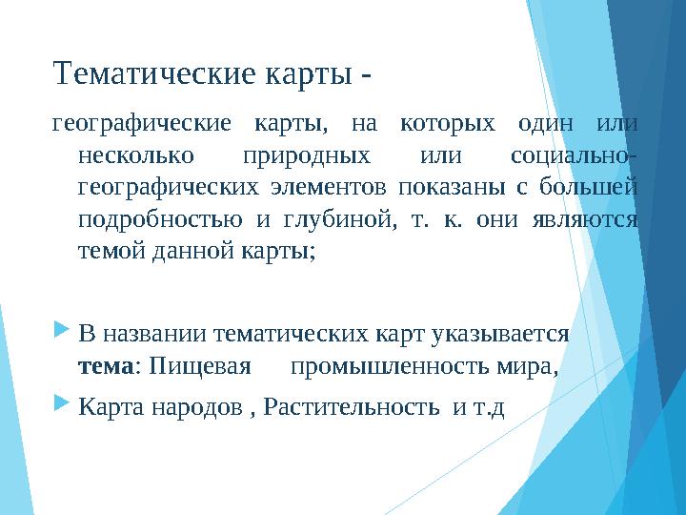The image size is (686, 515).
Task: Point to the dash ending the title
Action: click(x=366, y=73)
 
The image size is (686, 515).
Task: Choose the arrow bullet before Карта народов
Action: click(x=62, y=405)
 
